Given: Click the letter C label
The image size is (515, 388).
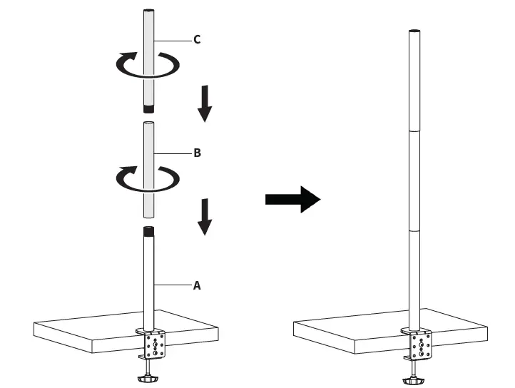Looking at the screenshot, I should (197, 39).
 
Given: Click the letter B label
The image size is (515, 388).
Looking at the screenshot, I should (197, 153).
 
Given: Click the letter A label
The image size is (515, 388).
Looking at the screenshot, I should (197, 285).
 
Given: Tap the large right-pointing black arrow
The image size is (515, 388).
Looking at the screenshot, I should (292, 199).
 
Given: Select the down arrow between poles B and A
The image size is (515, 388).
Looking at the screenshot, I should (205, 217).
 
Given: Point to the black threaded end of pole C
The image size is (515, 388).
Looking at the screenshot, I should (148, 110).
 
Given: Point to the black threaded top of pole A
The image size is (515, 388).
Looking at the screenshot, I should (148, 231).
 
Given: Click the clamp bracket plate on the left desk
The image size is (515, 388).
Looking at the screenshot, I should (155, 346).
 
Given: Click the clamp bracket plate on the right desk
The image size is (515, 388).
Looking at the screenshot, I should (421, 346).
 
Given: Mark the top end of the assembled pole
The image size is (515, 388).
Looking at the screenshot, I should (414, 31).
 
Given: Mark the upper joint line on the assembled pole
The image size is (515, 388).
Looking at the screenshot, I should (414, 131).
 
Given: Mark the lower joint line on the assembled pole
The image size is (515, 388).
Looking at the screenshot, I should (414, 230).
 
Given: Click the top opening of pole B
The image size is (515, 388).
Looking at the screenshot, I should (148, 123).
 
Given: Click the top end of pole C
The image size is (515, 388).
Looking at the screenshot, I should (148, 10).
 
